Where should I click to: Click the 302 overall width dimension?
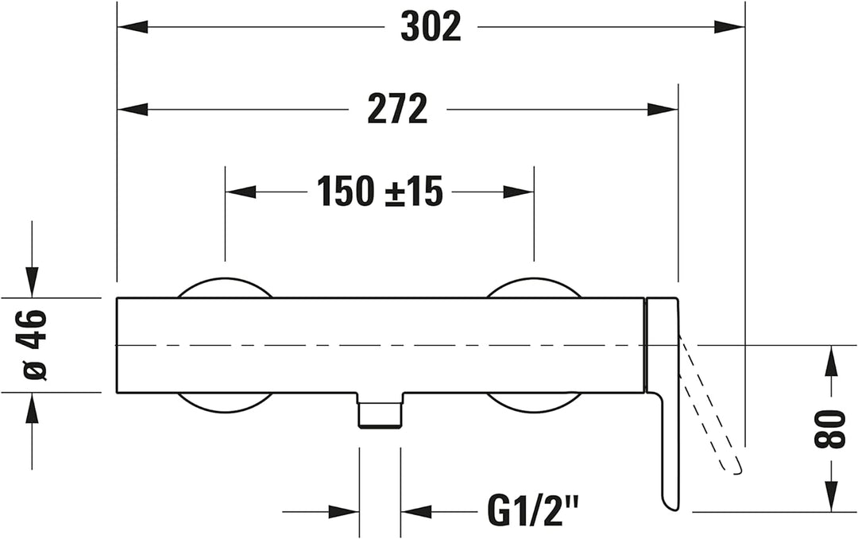coord(431,27)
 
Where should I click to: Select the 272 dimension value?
coord(397,109)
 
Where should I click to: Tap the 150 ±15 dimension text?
coord(380,192)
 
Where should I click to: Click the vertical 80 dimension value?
coord(831,429)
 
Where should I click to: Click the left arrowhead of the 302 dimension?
coord(133,26)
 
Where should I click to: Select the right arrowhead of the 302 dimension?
coord(729,26)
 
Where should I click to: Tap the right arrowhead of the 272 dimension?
coord(663,109)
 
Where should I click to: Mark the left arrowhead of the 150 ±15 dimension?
coord(241,192)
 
